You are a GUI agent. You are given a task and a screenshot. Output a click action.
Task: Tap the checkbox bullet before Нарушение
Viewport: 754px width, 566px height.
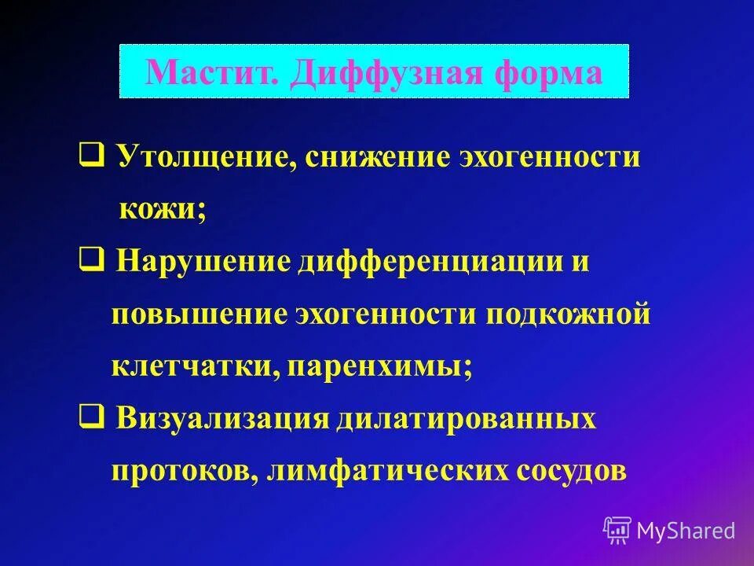[x=89, y=259]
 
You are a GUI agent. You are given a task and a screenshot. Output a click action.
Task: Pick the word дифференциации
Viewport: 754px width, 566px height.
[x=412, y=261]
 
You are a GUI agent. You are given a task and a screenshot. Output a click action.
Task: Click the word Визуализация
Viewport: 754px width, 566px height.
[x=221, y=418]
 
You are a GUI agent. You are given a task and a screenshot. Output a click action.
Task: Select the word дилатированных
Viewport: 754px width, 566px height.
[x=467, y=418]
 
